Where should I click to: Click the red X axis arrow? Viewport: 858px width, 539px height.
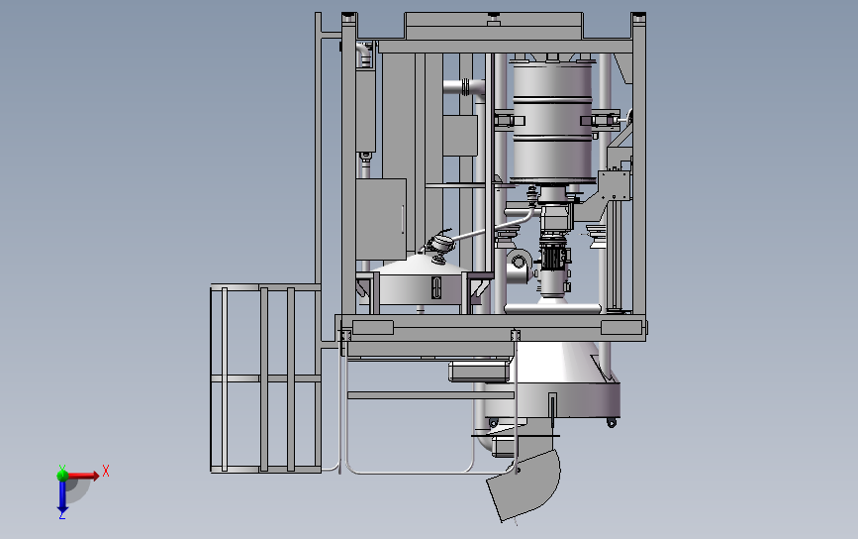pos(82,476)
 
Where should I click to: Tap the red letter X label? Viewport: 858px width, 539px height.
pos(106,471)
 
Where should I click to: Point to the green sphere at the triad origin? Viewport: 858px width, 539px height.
pos(62,475)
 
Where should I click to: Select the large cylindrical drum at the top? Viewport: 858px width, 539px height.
pos(551,121)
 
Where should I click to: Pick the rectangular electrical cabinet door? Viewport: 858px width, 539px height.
pos(381,219)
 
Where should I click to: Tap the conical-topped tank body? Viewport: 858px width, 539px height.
pos(421,284)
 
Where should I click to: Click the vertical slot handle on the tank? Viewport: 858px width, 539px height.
pos(436,288)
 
